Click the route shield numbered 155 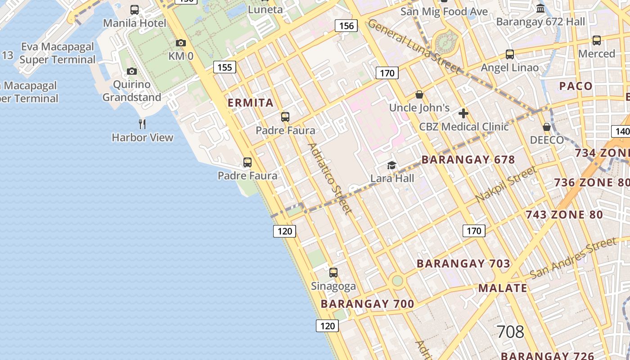[225, 67]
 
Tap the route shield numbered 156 [346, 26]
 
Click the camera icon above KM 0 [181, 43]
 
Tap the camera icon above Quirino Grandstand [132, 71]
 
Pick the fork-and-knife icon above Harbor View [142, 124]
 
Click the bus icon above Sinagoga [333, 273]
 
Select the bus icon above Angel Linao [510, 54]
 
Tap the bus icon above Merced [597, 40]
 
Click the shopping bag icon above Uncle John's [419, 95]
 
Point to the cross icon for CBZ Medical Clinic [463, 113]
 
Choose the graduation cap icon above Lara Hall [391, 165]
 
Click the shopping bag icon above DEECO [547, 127]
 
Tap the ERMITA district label [251, 103]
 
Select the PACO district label [576, 86]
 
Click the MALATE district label [502, 288]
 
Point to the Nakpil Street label [506, 184]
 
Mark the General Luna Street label [414, 46]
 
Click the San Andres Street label [572, 258]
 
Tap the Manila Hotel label [135, 23]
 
